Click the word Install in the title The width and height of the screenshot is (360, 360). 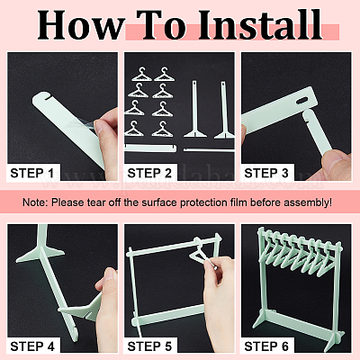tap(260, 25)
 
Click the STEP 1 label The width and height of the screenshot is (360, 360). tap(31, 173)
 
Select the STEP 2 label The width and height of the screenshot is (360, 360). tap(149, 173)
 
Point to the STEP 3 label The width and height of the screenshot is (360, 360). tap(266, 173)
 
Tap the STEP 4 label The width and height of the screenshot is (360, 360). tap(32, 346)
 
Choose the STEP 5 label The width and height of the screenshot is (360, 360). tap(149, 346)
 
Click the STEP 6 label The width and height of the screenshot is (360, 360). tap(266, 346)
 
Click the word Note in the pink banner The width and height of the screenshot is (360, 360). tap(35, 202)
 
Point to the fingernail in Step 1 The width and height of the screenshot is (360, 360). tap(98, 127)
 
